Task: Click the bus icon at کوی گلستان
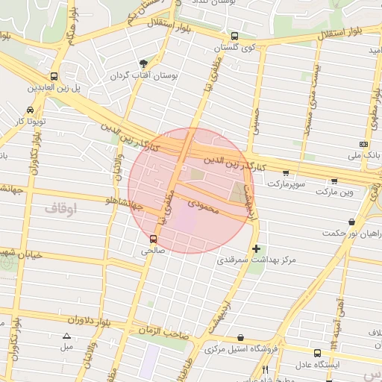pyautogui.click(x=235, y=36)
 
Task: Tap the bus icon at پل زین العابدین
pyautogui.click(x=54, y=76)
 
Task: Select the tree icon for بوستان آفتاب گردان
pyautogui.click(x=143, y=63)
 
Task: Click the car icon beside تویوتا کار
pyautogui.click(x=30, y=110)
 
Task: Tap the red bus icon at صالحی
pyautogui.click(x=153, y=239)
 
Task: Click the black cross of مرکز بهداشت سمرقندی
pyautogui.click(x=257, y=248)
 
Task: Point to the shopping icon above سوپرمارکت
pyautogui.click(x=285, y=172)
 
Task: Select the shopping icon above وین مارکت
pyautogui.click(x=334, y=181)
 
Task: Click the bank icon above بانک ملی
pyautogui.click(x=363, y=144)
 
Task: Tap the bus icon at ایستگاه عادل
pyautogui.click(x=318, y=353)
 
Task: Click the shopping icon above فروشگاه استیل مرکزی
pyautogui.click(x=239, y=338)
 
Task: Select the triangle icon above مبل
pyautogui.click(x=67, y=336)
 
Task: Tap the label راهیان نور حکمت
pyautogui.click(x=348, y=233)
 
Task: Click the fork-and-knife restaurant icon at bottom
pyautogui.click(x=266, y=371)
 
